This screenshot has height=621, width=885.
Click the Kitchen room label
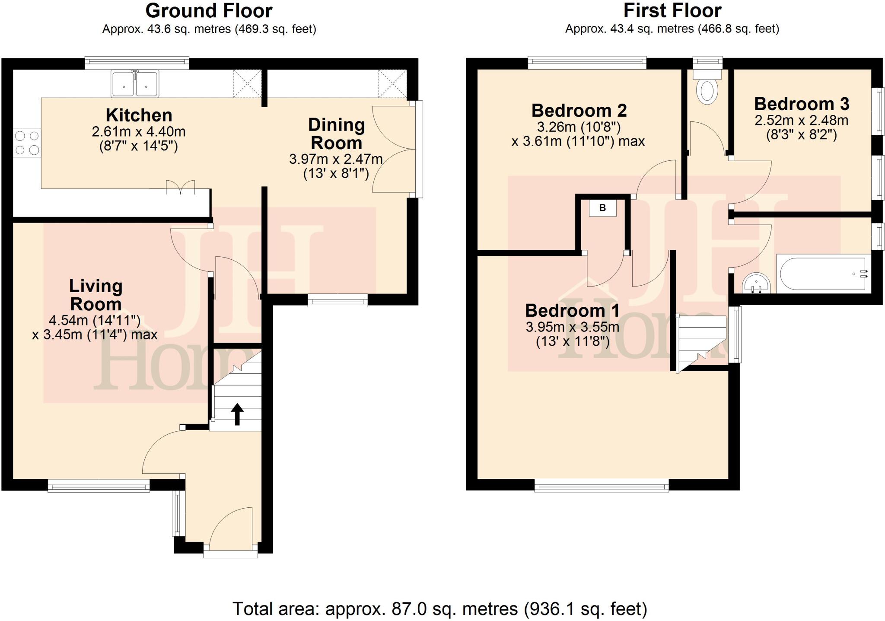tap(139, 115)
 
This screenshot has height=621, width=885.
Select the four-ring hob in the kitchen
tap(27, 143)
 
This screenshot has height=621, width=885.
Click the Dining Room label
tap(336, 134)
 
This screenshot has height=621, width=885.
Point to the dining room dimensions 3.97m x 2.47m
tap(336, 159)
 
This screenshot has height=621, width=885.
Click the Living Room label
tap(96, 295)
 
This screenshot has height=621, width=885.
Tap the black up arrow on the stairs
tap(237, 414)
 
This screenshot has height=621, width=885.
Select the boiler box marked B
tap(602, 208)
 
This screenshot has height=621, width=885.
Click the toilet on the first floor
tap(707, 88)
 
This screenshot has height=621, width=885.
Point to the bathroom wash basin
tap(756, 284)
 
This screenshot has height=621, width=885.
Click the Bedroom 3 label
tap(802, 104)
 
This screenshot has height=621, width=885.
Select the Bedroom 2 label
tap(579, 111)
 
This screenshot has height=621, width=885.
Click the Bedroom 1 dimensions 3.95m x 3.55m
tap(572, 327)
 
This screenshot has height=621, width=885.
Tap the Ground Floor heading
tap(209, 11)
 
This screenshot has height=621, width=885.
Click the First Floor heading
tap(672, 10)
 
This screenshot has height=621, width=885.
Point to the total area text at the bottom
tap(439, 609)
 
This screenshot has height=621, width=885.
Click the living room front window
tap(99, 487)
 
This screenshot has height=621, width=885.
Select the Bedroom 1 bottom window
tap(601, 487)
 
